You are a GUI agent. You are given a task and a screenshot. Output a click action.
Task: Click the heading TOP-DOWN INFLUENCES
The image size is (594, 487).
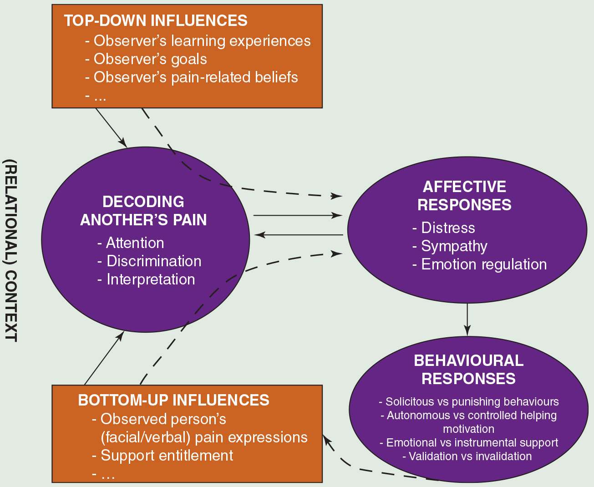pos(156,21)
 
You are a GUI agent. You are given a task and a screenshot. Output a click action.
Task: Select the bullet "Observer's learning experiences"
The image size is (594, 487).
pos(202,41)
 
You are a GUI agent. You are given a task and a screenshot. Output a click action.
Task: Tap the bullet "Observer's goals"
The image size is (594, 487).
pos(150,59)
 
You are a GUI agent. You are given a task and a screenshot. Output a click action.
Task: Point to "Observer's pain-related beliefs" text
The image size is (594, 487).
pos(196,77)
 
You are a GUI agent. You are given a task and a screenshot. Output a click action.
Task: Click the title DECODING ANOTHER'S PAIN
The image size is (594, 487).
pos(143,211)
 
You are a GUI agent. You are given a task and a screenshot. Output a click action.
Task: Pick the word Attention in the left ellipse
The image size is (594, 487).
pos(135,243)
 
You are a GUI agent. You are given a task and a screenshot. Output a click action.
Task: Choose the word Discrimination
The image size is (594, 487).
pos(154,261)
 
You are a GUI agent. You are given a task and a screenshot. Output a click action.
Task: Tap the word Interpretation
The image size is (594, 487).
pos(151,279)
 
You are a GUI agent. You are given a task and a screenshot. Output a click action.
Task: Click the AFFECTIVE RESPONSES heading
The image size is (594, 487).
pos(464,196)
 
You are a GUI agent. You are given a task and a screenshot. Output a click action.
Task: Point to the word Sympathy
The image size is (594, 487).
pos(454,246)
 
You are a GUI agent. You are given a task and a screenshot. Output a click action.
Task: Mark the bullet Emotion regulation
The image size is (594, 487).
pos(484,264)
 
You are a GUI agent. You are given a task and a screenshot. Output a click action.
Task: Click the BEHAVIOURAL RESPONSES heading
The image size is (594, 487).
pos(468,370)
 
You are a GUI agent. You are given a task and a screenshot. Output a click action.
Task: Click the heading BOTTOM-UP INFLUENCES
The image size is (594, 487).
pos(174,401)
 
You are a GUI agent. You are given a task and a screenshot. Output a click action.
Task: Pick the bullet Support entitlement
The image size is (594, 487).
pos(167,456)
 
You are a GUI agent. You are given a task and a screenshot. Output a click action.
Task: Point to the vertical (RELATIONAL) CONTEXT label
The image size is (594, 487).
pos(10,250)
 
